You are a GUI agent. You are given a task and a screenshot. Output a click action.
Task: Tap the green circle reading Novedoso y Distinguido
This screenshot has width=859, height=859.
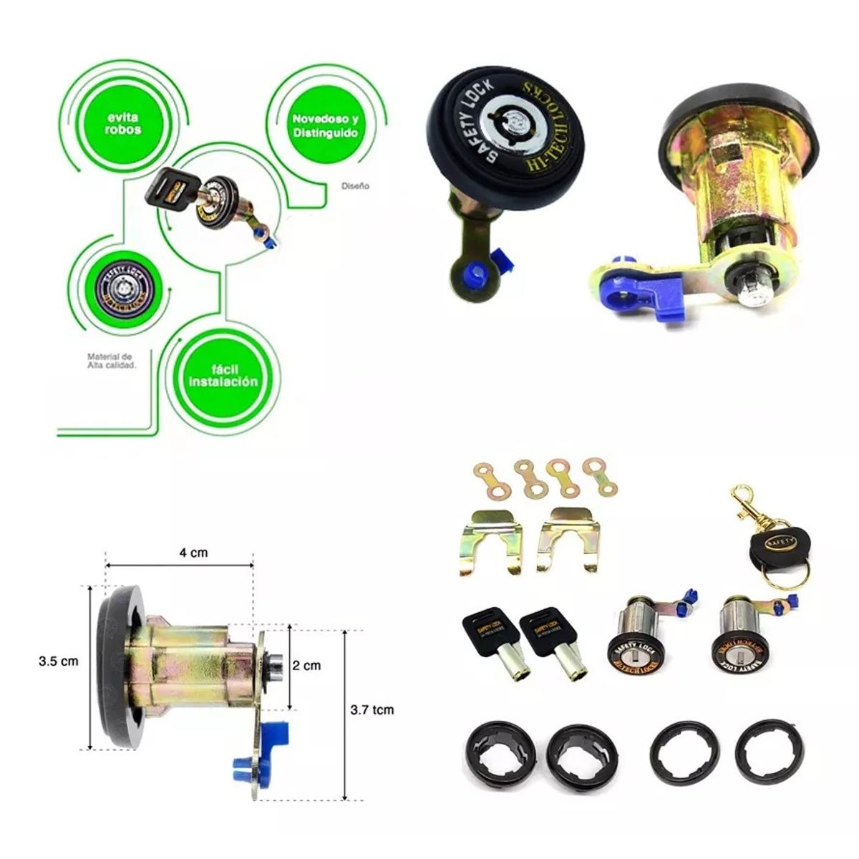(324, 125)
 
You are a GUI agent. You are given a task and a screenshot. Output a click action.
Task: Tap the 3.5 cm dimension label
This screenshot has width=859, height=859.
(58, 661)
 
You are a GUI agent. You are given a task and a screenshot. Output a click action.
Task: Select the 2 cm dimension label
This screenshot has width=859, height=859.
(306, 665)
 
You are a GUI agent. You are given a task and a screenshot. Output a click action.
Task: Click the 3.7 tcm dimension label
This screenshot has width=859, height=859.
(372, 710)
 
